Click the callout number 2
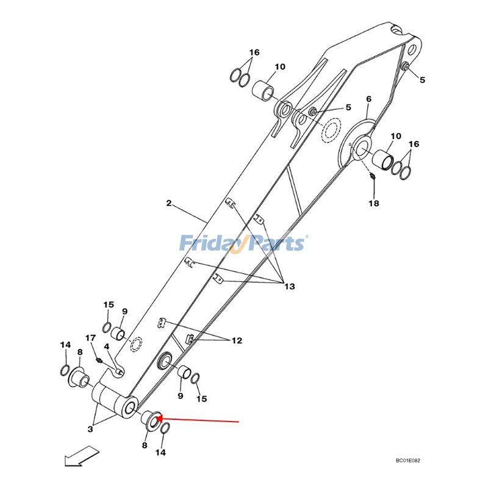pyautogui.click(x=169, y=203)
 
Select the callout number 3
pyautogui.click(x=90, y=429)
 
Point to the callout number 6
pyautogui.click(x=368, y=99)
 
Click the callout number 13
pyautogui.click(x=288, y=286)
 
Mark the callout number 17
pyautogui.click(x=90, y=338)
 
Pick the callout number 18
pyautogui.click(x=373, y=203)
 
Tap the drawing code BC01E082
pyautogui.click(x=408, y=462)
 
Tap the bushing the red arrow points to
pyautogui.click(x=149, y=419)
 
